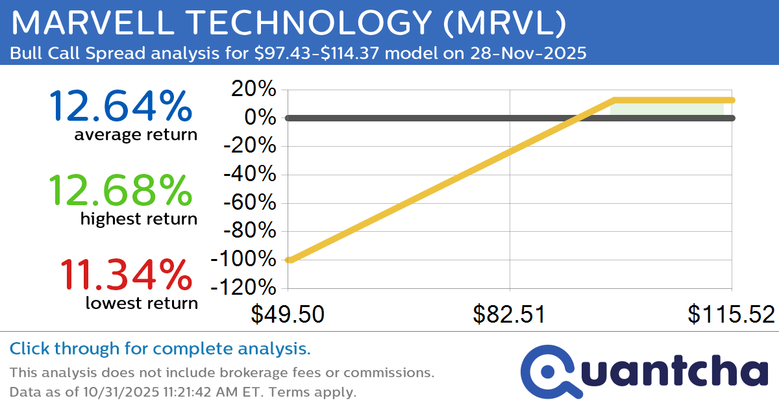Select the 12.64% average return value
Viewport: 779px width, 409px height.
(x=121, y=106)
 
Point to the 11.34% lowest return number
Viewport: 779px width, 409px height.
(x=126, y=275)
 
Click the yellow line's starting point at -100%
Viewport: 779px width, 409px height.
(x=290, y=260)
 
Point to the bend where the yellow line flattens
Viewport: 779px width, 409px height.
(x=613, y=100)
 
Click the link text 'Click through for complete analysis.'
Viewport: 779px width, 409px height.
(x=160, y=349)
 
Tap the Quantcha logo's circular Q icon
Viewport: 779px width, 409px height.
(x=548, y=372)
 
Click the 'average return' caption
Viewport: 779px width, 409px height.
(x=135, y=135)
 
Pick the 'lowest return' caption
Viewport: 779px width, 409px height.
(x=141, y=303)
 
